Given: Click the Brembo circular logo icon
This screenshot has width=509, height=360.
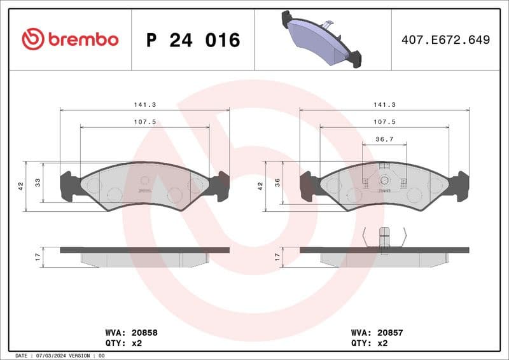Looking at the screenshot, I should (x=32, y=39).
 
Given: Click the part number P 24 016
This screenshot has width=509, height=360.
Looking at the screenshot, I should (x=193, y=40).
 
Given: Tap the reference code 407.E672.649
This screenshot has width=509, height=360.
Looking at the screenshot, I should (x=445, y=39).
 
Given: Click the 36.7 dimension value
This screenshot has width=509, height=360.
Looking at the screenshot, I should (x=384, y=139).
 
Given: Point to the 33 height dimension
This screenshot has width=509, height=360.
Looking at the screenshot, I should (x=38, y=182).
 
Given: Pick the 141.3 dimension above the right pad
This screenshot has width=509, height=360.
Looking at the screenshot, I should (x=384, y=104).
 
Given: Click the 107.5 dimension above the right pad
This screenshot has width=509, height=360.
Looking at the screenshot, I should (x=384, y=121).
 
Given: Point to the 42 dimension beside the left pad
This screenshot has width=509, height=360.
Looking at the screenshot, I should (x=21, y=186).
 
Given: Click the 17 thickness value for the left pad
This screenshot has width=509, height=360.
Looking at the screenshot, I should (x=38, y=257).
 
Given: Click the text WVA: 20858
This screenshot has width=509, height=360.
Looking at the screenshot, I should (x=131, y=332).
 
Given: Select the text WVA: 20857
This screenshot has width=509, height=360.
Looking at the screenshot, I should (x=377, y=332).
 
